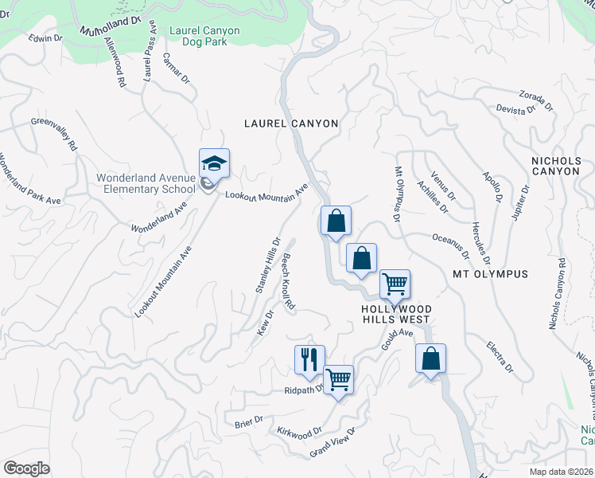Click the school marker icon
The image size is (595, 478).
tap(214, 164)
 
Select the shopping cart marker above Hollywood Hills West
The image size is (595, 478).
tap(395, 284)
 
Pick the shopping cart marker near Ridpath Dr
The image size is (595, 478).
tap(339, 379)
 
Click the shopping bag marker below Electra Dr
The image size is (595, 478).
tap(430, 358)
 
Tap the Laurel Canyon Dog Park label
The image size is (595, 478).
tap(204, 37)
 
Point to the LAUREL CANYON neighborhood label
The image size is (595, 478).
tap(291, 123)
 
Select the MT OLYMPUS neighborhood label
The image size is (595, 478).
tap(490, 274)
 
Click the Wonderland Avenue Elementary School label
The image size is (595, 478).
tap(146, 183)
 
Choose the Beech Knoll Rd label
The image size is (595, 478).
tap(287, 282)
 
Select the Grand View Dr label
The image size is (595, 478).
tap(332, 445)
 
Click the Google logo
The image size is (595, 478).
tap(26, 468)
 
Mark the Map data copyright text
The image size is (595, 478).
tap(562, 471)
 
